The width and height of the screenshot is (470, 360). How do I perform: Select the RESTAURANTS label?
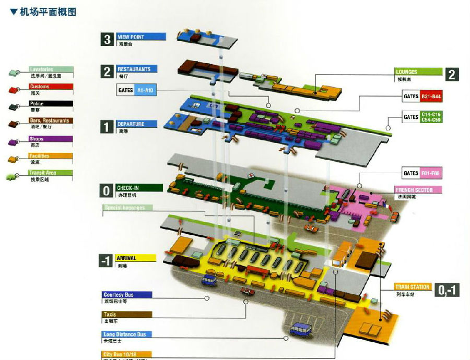[137, 69]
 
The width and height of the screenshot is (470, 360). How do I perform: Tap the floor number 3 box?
[108, 40]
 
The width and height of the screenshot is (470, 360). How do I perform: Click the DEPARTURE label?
[137, 124]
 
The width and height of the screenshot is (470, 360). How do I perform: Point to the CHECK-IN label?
[139, 188]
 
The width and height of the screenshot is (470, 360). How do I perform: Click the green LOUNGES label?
[418, 72]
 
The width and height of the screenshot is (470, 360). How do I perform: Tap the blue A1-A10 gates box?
[146, 90]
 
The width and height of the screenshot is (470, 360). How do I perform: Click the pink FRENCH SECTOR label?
[418, 190]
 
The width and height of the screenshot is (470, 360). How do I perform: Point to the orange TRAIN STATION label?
[413, 287]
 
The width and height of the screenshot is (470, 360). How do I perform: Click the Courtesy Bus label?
[127, 295]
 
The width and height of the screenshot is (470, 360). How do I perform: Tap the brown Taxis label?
[127, 315]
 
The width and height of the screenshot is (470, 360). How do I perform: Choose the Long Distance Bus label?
[127, 334]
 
